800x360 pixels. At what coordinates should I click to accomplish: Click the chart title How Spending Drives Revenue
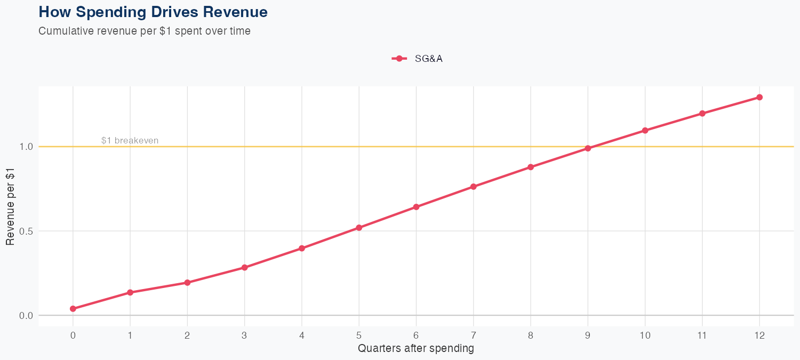click(x=153, y=12)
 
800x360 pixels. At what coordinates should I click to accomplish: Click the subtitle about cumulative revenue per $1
click(x=145, y=31)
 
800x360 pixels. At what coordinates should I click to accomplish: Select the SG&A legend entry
click(x=417, y=59)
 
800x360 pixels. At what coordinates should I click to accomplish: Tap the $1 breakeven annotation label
click(x=130, y=141)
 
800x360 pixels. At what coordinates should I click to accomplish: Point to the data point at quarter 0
click(x=73, y=309)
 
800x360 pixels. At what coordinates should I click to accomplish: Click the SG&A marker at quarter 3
click(x=245, y=268)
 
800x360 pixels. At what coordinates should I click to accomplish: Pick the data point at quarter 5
click(x=359, y=228)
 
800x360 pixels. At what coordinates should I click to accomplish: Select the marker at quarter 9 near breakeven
click(x=588, y=148)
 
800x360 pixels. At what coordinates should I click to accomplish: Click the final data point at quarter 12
click(x=759, y=97)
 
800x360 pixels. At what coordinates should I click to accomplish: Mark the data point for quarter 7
click(x=474, y=187)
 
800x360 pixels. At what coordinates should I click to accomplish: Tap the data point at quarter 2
click(x=187, y=283)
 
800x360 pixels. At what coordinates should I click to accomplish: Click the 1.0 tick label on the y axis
click(x=26, y=147)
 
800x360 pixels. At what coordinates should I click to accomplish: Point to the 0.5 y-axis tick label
click(x=26, y=231)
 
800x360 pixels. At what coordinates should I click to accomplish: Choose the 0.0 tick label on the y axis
click(x=26, y=316)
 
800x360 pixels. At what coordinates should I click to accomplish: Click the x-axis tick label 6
click(x=416, y=335)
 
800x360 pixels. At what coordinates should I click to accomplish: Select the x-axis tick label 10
click(x=645, y=335)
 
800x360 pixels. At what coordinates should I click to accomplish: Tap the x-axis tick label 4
click(x=302, y=335)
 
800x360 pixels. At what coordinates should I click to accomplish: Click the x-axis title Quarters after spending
click(x=416, y=349)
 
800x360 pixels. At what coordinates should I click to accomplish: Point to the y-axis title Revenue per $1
click(x=10, y=206)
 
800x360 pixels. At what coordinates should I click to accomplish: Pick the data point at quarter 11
click(x=702, y=114)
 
